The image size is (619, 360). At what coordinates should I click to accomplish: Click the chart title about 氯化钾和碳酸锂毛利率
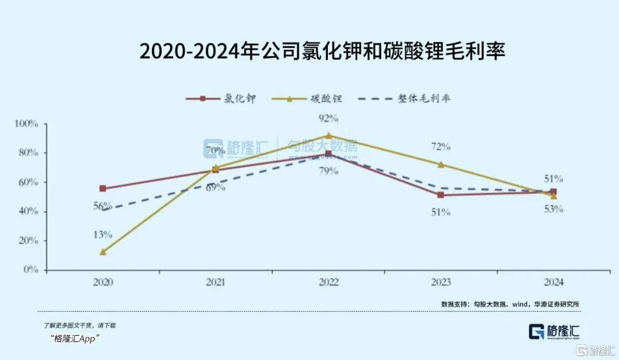pyautogui.click(x=323, y=51)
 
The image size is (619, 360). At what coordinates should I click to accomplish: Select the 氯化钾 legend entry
pyautogui.click(x=221, y=99)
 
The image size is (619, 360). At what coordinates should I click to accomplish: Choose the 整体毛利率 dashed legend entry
pyautogui.click(x=403, y=99)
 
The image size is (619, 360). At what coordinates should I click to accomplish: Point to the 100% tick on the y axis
pyautogui.click(x=26, y=123)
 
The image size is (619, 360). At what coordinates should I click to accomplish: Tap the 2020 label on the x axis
pyautogui.click(x=103, y=283)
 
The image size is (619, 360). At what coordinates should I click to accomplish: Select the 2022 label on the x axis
pyautogui.click(x=328, y=283)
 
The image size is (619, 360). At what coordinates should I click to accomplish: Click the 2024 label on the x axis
pyautogui.click(x=553, y=283)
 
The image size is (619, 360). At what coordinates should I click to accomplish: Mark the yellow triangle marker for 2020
pyautogui.click(x=103, y=252)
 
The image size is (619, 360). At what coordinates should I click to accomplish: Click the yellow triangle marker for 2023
pyautogui.click(x=441, y=165)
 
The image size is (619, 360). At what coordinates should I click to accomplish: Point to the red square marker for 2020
pyautogui.click(x=103, y=189)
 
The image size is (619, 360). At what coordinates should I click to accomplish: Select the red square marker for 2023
pyautogui.click(x=441, y=195)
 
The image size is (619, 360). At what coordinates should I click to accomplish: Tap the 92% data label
pyautogui.click(x=328, y=119)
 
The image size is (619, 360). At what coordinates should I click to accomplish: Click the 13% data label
pyautogui.click(x=103, y=234)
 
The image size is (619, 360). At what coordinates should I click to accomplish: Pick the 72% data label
pyautogui.click(x=441, y=147)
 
